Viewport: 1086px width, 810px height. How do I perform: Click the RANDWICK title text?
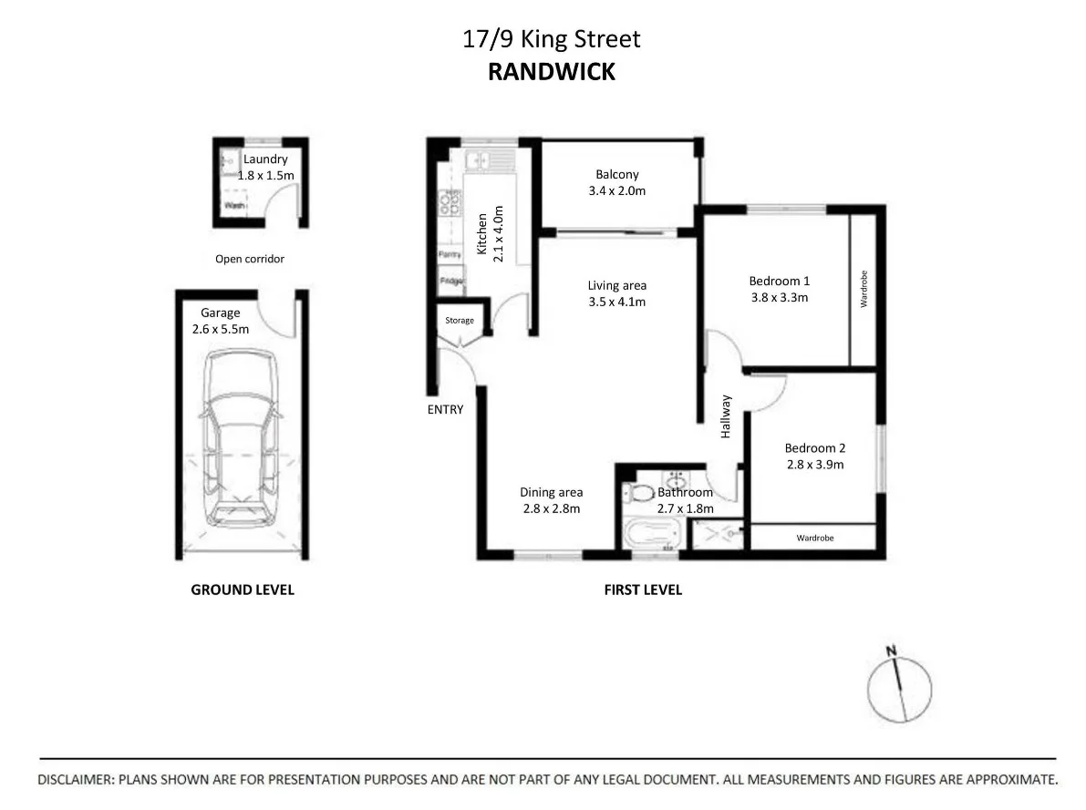tap(551, 72)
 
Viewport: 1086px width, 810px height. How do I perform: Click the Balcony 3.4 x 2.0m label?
tap(617, 182)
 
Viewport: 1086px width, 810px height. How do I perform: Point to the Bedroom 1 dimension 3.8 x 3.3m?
tap(779, 297)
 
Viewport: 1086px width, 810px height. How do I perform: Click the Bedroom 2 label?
tap(814, 447)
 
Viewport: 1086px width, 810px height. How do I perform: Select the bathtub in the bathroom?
tap(654, 535)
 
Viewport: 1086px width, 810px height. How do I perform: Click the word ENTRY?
tap(445, 410)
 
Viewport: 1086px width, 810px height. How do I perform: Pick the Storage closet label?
tap(460, 321)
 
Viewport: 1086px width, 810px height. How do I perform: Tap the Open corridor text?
tap(249, 259)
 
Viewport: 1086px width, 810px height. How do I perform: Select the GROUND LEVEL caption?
tap(242, 590)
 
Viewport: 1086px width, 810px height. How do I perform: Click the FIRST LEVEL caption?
tap(643, 590)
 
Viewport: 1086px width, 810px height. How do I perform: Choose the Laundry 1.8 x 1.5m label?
tap(265, 167)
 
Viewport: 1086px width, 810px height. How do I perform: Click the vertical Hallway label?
tap(726, 416)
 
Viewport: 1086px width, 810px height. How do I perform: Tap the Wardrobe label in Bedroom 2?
tap(814, 538)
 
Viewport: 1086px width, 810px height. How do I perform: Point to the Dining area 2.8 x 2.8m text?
tap(551, 500)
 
